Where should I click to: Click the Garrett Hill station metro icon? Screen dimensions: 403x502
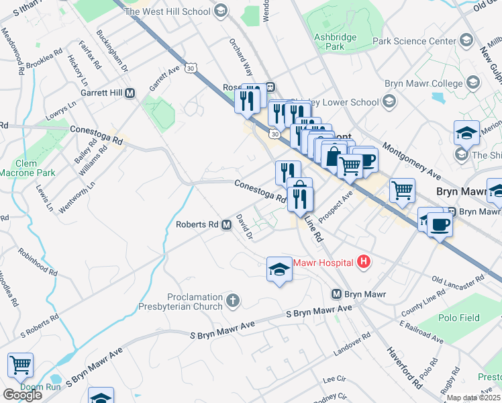click(130, 93)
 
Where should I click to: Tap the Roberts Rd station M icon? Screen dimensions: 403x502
click(227, 225)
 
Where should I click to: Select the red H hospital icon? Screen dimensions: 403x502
click(364, 261)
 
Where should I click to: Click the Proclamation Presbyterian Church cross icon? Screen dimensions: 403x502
click(232, 300)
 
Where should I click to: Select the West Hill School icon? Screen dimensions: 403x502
click(221, 11)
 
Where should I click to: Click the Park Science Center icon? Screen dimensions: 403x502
click(468, 41)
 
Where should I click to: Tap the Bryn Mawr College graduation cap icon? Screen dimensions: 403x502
click(472, 83)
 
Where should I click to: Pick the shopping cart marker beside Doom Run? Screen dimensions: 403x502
click(20, 365)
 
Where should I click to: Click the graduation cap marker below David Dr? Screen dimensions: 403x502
click(279, 270)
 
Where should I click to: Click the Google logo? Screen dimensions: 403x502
click(22, 395)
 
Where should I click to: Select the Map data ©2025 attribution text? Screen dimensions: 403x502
click(473, 398)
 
